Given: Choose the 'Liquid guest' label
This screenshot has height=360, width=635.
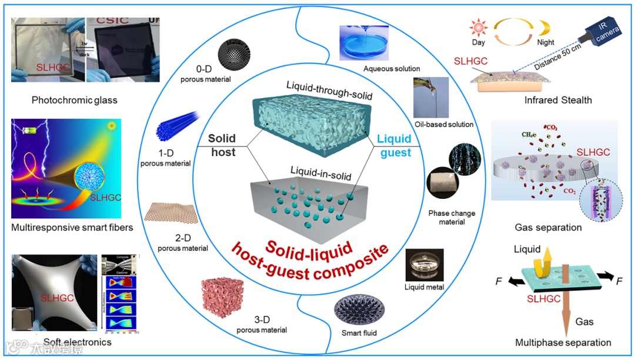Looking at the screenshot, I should coord(394,145).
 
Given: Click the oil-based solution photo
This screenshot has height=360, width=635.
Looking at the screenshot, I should coord(431,98).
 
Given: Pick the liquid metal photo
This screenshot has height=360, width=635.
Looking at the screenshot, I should coord(424,265).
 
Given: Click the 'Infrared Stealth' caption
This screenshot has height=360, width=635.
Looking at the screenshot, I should coord(558,100).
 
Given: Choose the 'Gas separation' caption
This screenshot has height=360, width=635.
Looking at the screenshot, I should coord(548,227).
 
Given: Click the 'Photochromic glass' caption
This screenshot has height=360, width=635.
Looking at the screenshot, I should coord(75,100).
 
